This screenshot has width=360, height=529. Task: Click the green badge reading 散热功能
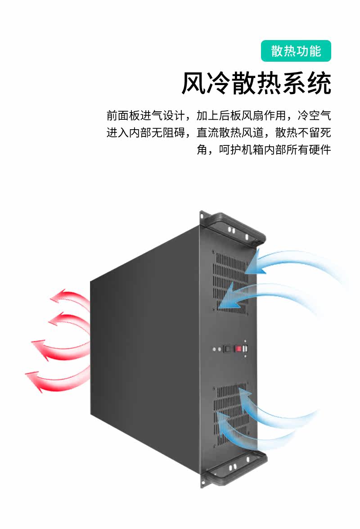296,51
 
